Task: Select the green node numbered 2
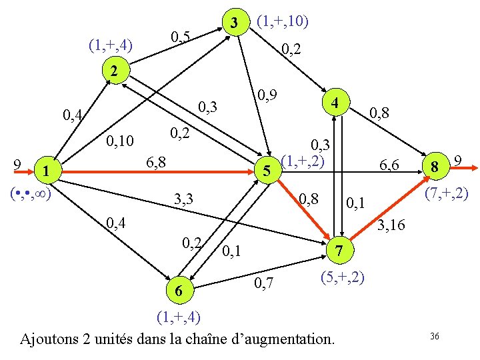pos(114,71)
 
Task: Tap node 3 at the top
pos(233,23)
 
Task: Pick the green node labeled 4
pos(337,104)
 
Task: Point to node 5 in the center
pos(266,171)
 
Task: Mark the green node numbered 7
pos(339,251)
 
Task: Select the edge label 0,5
pos(180,37)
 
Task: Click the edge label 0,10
pos(121,141)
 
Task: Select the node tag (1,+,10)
pos(281,22)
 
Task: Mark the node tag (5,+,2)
pos(342,276)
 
